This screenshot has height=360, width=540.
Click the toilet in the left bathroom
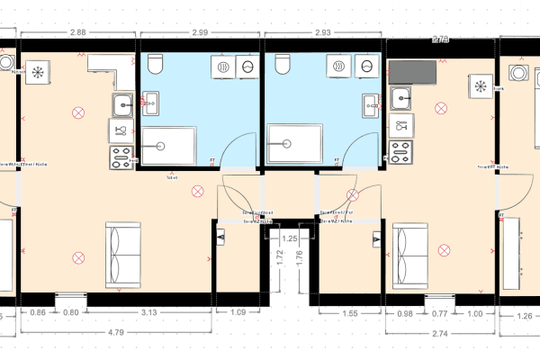tap(155, 64)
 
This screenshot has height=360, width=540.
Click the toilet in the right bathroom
tap(283, 64)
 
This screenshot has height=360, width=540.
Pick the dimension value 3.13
tap(151, 313)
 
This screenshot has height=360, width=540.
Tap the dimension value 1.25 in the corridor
tap(290, 238)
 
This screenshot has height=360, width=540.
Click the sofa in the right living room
tap(410, 254)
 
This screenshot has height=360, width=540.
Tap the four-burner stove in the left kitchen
tap(121, 157)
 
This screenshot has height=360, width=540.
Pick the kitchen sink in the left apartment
tap(123, 106)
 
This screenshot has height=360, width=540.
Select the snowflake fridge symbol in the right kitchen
tap(481, 86)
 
